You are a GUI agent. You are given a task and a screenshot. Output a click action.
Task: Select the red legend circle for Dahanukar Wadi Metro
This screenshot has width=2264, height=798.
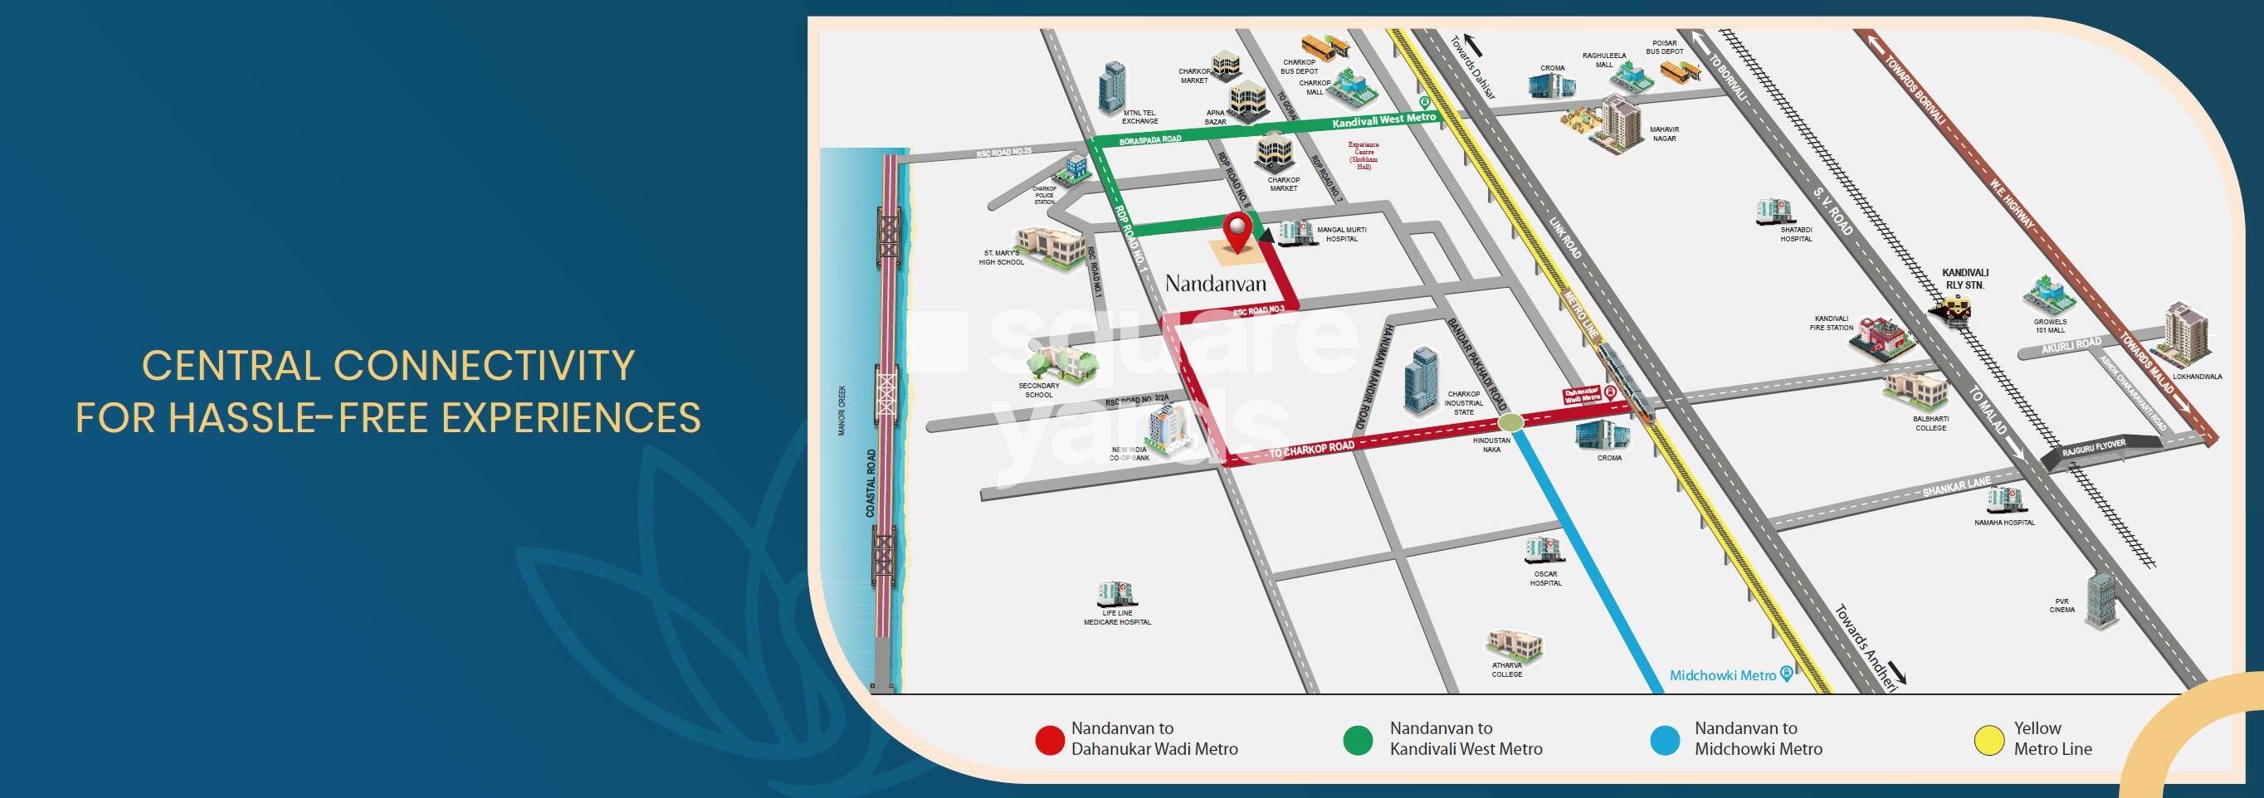click(x=1049, y=740)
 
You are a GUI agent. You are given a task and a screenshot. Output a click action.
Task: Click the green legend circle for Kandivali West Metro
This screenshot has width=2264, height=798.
click(x=1358, y=740)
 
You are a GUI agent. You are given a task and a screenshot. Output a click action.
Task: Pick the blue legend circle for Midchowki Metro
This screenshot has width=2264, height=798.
click(x=1665, y=740)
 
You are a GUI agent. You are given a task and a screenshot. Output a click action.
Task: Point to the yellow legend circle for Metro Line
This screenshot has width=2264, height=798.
click(x=1988, y=740)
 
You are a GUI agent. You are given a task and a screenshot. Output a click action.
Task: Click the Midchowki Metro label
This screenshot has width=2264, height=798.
click(x=1723, y=675)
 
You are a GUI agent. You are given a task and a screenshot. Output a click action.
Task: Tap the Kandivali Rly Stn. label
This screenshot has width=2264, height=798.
click(x=1965, y=279)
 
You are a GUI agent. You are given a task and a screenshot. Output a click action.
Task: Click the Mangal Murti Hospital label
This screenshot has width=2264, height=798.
click(x=1341, y=234)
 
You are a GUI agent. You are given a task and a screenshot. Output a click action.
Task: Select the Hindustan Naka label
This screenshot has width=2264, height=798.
click(x=1491, y=444)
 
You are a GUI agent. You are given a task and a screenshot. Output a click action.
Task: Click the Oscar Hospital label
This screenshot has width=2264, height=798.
click(x=1545, y=578)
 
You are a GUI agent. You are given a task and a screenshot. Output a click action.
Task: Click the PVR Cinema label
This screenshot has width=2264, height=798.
click(x=2062, y=606)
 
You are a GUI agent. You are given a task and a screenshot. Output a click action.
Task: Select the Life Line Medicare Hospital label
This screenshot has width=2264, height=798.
click(x=1117, y=617)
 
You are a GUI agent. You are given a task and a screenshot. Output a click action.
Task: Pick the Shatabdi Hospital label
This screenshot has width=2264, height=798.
click(x=1796, y=234)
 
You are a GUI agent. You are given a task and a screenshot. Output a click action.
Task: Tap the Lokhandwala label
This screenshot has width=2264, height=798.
click(x=2198, y=376)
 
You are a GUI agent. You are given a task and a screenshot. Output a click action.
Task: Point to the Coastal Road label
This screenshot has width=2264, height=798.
click(x=871, y=483)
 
